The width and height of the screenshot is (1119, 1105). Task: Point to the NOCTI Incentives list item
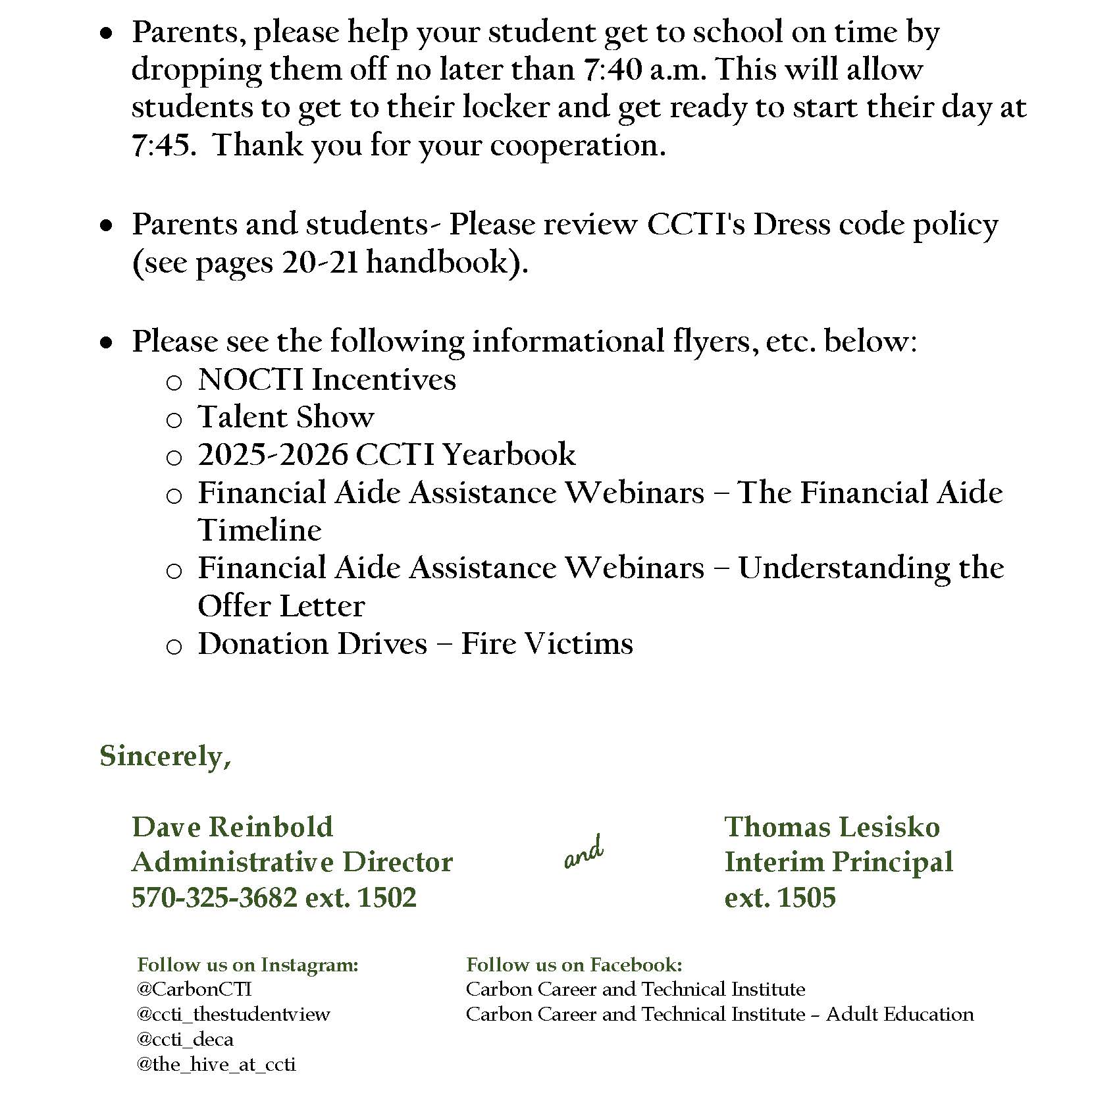tap(327, 380)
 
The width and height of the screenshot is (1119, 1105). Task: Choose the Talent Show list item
tap(286, 418)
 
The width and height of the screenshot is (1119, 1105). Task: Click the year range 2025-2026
tap(273, 455)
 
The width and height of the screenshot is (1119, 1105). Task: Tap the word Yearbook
tap(509, 455)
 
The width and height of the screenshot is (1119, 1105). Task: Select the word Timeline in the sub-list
tap(260, 531)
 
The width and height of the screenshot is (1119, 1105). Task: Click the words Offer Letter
tap(281, 606)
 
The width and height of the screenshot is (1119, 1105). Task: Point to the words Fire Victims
tap(547, 644)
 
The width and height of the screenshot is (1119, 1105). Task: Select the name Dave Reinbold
tap(232, 827)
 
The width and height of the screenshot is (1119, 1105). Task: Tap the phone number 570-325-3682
tap(215, 898)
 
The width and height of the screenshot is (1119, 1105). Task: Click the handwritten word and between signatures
tap(584, 853)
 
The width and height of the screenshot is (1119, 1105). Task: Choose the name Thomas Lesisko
tap(832, 827)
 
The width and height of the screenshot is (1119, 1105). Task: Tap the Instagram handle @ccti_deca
tap(185, 1039)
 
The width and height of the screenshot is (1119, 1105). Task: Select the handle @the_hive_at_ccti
tap(217, 1064)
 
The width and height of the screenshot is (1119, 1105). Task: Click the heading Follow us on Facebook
tap(574, 965)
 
